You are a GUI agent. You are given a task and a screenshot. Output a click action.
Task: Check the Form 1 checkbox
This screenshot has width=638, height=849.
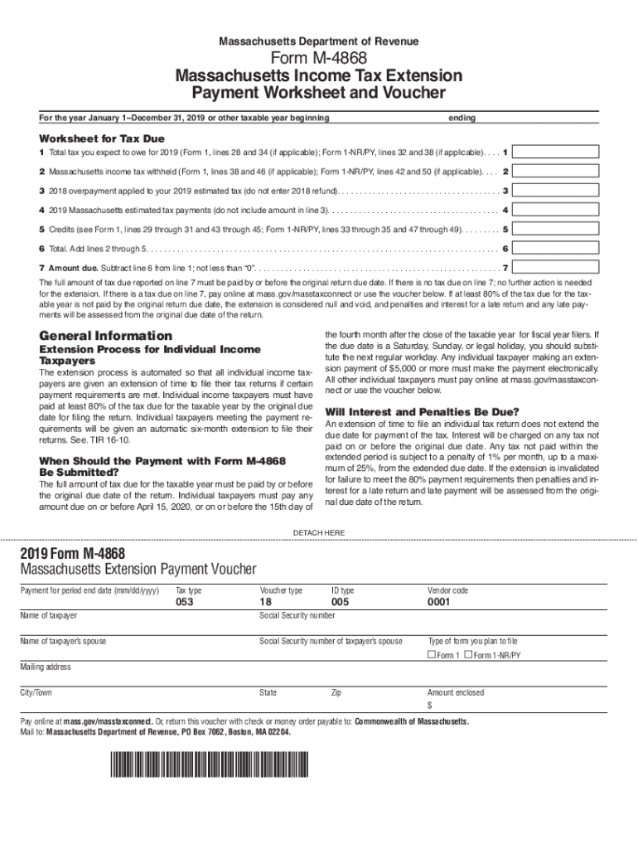click(431, 655)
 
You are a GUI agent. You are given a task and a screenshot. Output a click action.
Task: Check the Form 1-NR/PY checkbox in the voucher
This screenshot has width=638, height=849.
click(468, 655)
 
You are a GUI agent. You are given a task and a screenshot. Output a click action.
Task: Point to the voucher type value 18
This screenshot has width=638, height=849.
click(266, 603)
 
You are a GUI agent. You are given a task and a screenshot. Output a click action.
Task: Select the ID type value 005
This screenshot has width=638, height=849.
click(341, 603)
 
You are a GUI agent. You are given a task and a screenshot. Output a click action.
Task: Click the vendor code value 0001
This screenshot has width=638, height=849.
click(438, 603)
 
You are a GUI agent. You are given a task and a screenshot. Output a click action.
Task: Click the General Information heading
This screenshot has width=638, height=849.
click(106, 336)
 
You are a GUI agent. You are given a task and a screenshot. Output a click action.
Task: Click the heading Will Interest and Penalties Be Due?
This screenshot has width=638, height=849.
click(423, 412)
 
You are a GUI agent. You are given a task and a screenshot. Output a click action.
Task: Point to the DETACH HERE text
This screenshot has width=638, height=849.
click(319, 532)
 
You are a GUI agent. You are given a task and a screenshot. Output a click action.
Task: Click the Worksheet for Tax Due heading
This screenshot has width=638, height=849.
click(102, 138)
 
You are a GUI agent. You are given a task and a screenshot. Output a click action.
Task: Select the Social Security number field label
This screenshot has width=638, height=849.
click(297, 616)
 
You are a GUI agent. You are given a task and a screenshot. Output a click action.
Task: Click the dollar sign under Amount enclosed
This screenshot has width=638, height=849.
click(430, 706)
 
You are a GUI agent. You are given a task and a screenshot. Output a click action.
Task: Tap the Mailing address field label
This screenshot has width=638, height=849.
click(46, 667)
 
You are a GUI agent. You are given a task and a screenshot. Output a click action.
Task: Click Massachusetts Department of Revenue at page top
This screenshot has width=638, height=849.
click(319, 41)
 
